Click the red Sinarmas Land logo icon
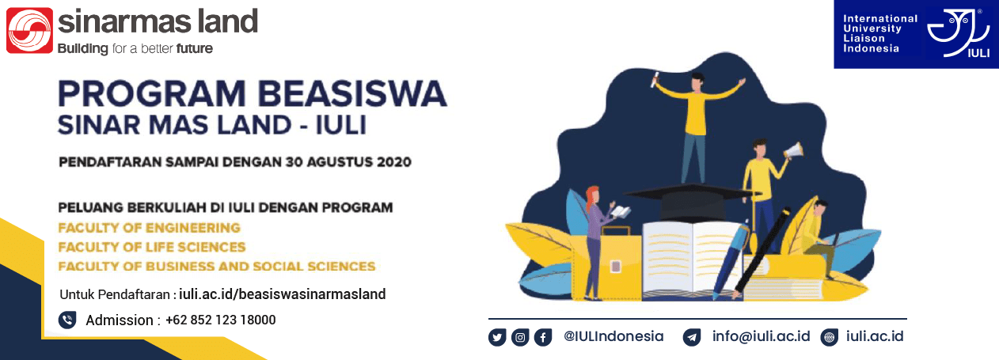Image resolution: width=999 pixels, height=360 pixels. point(29,30)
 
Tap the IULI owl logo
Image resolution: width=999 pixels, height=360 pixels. point(958,33)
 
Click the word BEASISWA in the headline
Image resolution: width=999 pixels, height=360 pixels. point(352,93)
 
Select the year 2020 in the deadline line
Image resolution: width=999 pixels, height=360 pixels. point(393,161)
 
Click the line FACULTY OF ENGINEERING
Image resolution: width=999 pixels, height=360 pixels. point(149,228)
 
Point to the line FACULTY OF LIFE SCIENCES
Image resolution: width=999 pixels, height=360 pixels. point(152,247)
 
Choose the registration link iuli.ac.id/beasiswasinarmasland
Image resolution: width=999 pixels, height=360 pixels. point(283,294)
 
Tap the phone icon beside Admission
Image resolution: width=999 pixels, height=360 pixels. point(67,320)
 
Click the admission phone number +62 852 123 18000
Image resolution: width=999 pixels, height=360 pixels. point(220,320)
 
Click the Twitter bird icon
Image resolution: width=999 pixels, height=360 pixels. point(497,337)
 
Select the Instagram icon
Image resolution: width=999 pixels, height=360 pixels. point(520,337)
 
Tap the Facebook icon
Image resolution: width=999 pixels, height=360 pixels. point(543,337)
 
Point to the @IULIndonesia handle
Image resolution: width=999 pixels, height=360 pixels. point(613,336)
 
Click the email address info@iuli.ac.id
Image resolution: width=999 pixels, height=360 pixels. point(761,336)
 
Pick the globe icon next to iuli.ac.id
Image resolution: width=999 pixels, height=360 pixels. point(829,337)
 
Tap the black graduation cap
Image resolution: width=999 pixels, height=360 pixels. point(690,200)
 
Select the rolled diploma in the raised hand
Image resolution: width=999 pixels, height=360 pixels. point(656,79)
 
